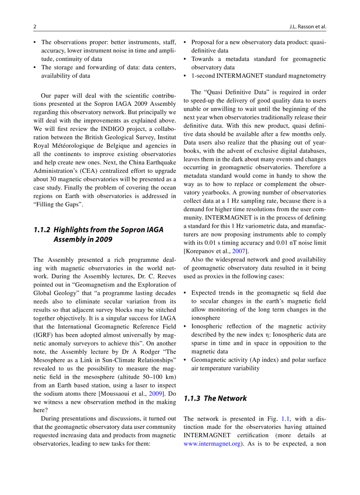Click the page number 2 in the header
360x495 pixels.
pos(35,26)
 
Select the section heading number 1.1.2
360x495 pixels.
pos(42,230)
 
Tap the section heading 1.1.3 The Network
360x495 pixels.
pos(215,398)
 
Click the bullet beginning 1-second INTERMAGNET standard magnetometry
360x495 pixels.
pos(258,76)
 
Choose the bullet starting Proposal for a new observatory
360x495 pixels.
pos(258,42)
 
